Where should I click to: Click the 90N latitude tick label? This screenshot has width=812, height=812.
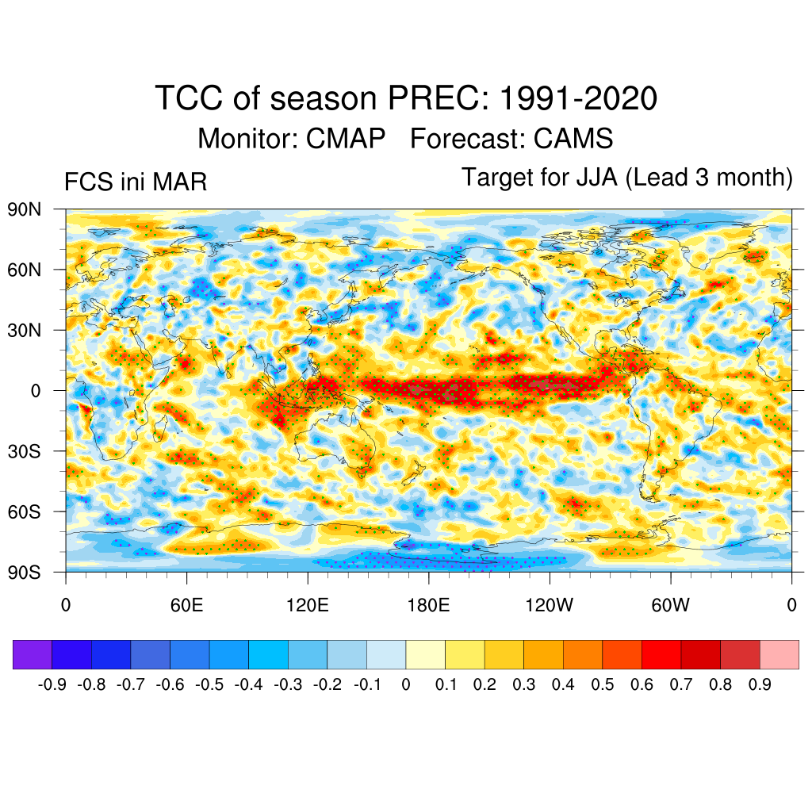(24, 209)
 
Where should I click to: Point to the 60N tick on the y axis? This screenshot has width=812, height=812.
(24, 270)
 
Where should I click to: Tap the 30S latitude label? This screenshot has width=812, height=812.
(24, 451)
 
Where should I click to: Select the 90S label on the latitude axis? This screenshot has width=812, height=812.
(24, 572)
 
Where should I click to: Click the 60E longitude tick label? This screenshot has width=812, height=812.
(186, 605)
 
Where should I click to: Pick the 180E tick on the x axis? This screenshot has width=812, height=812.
(428, 605)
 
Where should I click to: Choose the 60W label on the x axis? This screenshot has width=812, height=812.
(670, 605)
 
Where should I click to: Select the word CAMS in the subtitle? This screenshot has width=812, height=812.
(573, 139)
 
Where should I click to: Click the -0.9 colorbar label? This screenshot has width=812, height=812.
(52, 684)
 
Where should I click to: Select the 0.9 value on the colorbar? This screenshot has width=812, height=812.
(760, 684)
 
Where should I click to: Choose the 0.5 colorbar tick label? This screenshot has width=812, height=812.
(603, 684)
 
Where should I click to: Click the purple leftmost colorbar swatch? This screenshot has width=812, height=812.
(33, 654)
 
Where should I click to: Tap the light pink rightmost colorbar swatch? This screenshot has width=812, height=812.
(779, 654)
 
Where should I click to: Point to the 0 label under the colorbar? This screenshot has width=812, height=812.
(406, 684)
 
